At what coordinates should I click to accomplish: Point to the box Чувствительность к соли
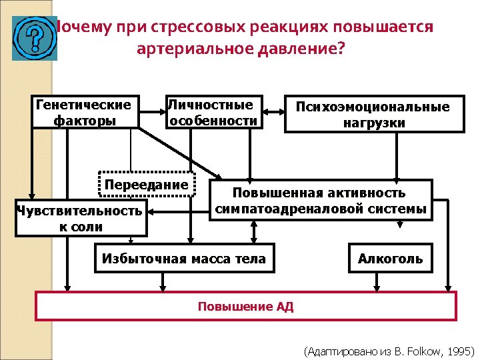[80, 219]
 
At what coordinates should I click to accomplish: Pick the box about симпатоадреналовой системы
[320, 200]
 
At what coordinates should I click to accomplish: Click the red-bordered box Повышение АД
[245, 307]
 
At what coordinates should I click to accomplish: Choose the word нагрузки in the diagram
[374, 123]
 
